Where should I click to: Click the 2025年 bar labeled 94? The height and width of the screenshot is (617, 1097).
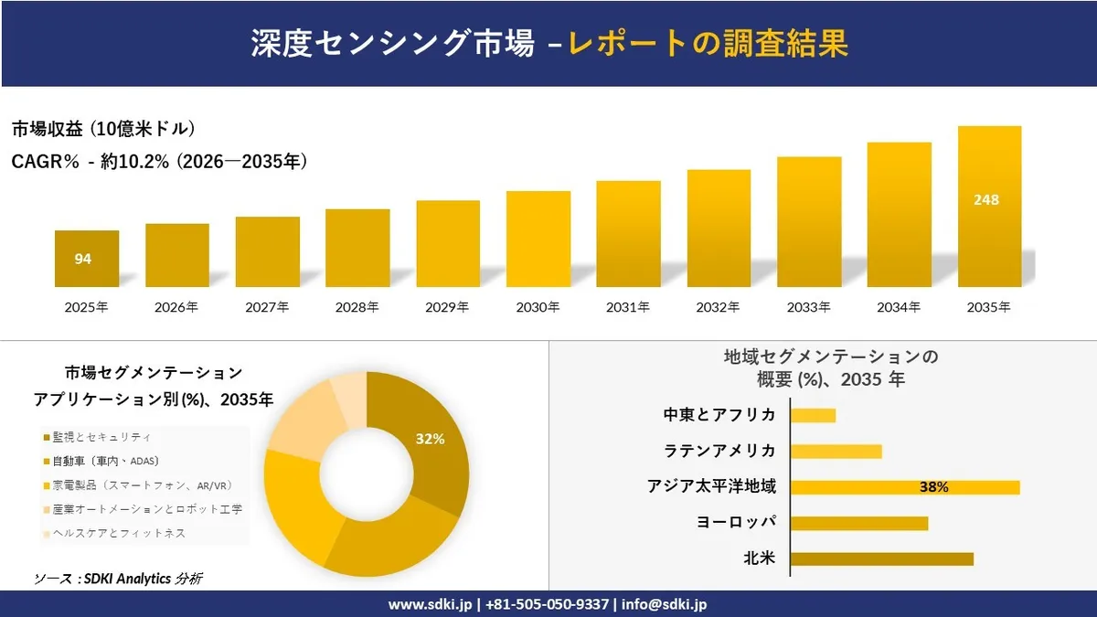click(x=86, y=259)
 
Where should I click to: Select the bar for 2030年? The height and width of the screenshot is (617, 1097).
click(x=538, y=239)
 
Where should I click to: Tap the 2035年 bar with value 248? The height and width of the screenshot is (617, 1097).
click(x=989, y=207)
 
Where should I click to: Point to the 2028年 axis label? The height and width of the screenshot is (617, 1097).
click(x=357, y=308)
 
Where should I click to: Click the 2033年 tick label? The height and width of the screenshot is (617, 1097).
click(x=808, y=308)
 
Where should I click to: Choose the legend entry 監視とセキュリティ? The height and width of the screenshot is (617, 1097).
click(x=97, y=438)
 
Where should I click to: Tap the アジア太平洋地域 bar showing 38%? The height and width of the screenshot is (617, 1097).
click(x=905, y=487)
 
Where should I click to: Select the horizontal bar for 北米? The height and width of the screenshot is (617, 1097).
click(x=881, y=558)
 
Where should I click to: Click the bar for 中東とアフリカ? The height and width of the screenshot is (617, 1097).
click(x=813, y=416)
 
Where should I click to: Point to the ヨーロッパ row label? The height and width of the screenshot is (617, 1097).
click(x=735, y=522)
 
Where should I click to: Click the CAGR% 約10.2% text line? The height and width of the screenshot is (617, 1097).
click(x=159, y=162)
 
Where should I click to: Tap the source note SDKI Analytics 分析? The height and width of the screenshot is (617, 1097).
click(x=119, y=579)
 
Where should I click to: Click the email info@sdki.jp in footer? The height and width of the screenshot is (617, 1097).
click(x=664, y=604)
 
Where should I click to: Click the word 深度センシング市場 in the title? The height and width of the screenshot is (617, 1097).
click(x=393, y=43)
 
